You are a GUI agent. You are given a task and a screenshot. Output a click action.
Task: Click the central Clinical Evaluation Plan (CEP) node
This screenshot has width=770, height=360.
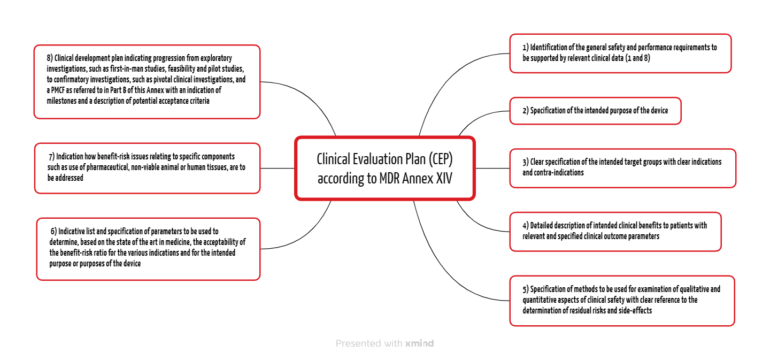point(384,168)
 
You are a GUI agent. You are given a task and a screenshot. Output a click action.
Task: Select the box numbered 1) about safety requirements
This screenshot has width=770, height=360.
point(620,53)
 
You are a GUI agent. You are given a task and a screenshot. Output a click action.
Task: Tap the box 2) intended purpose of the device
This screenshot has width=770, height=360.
point(595,111)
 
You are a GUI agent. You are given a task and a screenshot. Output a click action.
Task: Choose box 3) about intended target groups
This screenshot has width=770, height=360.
point(622,168)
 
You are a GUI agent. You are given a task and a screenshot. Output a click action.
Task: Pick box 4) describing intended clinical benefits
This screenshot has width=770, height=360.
point(615,231)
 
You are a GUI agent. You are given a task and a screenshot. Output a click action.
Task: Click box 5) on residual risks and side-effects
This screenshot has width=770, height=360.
point(622,300)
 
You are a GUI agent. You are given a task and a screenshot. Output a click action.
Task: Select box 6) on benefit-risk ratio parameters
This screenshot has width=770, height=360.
point(148,248)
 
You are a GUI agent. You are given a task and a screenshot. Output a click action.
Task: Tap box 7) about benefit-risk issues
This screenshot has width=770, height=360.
point(147,167)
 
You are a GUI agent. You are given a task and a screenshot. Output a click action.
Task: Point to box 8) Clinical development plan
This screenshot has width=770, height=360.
point(147,81)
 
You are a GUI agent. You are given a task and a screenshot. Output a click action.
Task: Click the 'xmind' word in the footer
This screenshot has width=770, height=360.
point(419,343)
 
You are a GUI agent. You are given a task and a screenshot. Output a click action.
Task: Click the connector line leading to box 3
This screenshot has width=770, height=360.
point(492,168)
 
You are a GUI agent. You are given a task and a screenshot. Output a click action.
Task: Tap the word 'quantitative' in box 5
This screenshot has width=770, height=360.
point(543,300)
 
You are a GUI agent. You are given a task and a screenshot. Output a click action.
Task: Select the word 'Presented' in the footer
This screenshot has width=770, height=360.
point(355,343)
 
